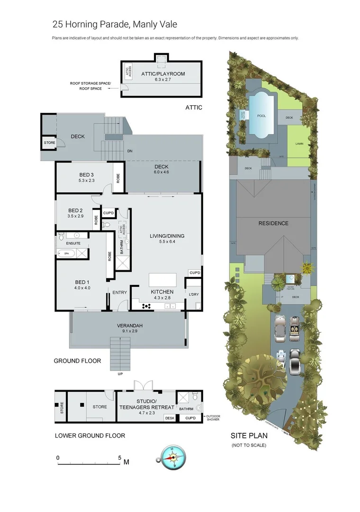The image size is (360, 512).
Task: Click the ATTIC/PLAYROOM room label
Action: coord(163,74)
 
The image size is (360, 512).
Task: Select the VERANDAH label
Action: coord(129,326)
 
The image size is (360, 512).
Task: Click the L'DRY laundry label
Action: coord(193,295)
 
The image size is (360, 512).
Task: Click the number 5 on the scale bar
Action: coord(120,458)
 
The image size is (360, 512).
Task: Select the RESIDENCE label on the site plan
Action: coord(273,223)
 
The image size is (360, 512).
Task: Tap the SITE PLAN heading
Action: coord(249,435)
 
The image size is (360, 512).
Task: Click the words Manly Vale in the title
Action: coord(155,24)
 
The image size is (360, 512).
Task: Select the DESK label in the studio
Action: coord(170,418)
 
